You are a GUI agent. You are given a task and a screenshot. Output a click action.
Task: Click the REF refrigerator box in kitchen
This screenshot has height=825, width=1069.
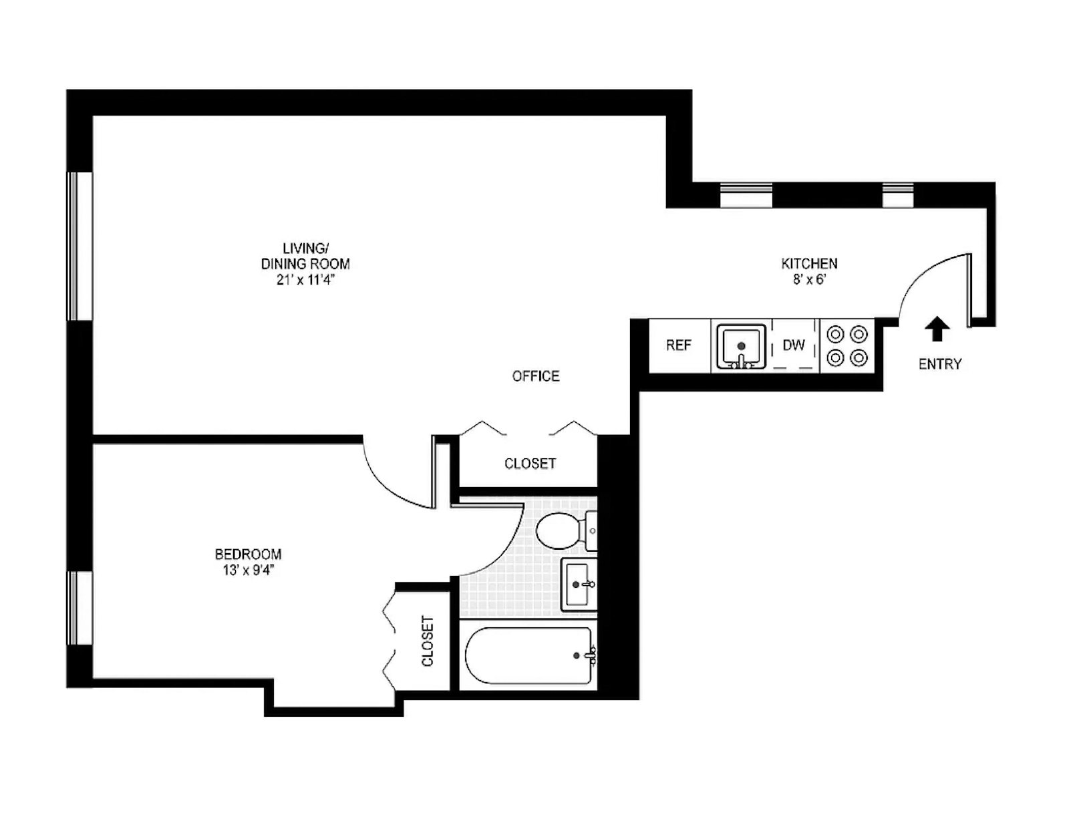679,345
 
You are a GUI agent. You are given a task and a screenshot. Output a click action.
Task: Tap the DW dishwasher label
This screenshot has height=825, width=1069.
794,345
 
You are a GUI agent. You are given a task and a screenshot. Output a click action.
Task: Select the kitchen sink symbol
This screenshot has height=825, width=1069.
741,346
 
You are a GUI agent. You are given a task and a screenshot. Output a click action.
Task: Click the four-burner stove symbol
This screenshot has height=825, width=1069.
847,345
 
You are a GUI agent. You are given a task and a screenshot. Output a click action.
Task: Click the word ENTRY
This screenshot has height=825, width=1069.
939,364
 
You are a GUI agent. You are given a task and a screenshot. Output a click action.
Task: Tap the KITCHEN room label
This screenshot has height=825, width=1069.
809,263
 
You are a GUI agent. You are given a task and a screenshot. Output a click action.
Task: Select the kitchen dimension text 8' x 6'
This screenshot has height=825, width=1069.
809,280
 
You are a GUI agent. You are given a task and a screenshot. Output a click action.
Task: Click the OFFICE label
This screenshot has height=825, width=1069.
536,376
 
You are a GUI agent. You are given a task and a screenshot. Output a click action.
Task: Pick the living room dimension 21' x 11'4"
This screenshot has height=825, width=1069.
305,281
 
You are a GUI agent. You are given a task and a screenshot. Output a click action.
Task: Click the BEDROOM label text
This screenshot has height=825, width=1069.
248,554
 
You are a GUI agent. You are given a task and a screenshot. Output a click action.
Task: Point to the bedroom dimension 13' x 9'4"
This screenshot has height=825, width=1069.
248,570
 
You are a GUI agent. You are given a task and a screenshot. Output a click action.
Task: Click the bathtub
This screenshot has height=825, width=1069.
528,655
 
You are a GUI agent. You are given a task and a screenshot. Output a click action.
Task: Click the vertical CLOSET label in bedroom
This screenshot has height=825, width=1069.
428,641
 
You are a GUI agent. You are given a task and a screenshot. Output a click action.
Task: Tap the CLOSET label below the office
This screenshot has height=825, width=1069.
530,464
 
